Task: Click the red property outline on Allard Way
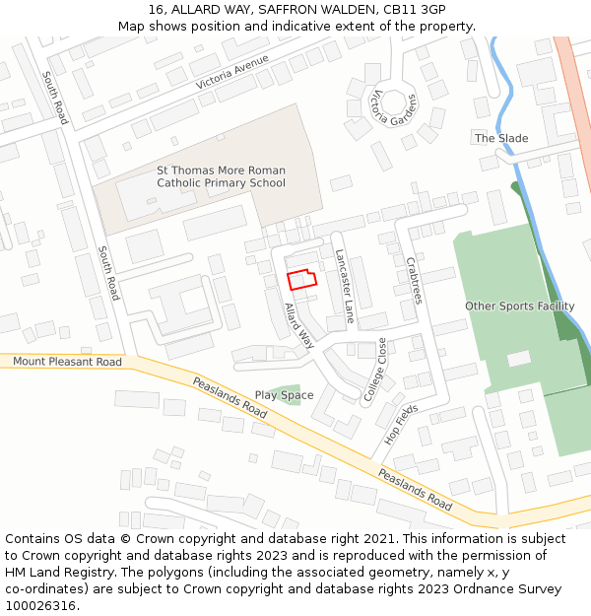301,279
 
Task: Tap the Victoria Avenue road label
232,72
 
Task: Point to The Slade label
501,139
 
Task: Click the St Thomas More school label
222,176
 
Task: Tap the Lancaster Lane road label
344,285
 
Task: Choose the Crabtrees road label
414,281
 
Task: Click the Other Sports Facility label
519,307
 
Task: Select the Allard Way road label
298,326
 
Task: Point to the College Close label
375,370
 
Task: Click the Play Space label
284,396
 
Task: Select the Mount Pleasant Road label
67,362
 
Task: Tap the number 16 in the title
157,9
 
